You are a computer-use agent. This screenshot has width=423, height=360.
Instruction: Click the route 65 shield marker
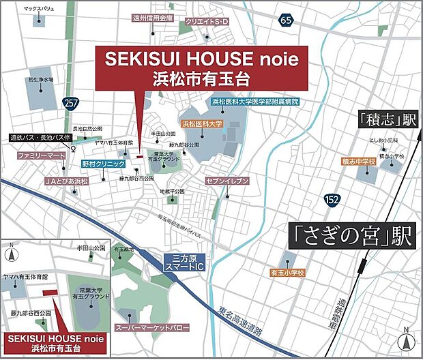tap(286, 21)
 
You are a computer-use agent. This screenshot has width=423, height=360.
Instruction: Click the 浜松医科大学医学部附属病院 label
tap(255, 101)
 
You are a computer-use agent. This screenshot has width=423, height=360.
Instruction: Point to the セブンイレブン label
tap(227, 181)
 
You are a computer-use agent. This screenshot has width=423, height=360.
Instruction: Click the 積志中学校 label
tap(359, 162)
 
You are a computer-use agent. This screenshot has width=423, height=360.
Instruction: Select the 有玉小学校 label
tap(287, 272)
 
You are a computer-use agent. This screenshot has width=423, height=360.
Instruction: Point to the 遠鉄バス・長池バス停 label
tap(39, 137)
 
